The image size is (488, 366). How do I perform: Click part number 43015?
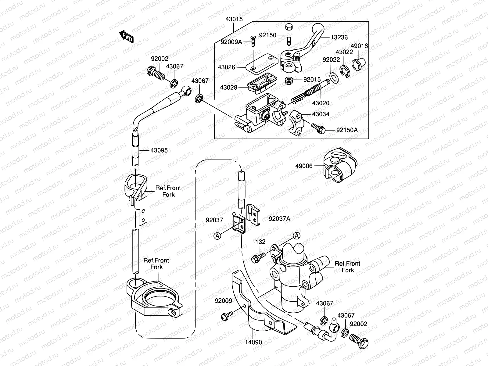234,19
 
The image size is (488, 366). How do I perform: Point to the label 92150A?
347,130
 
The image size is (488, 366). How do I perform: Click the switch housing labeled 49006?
339,168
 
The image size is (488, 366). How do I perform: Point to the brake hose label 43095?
159,150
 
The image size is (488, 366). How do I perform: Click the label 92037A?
279,219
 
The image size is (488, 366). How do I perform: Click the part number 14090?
253,342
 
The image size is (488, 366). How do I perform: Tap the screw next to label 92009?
226,315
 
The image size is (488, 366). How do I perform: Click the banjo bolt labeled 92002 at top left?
156,74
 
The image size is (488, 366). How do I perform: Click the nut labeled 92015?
289,80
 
